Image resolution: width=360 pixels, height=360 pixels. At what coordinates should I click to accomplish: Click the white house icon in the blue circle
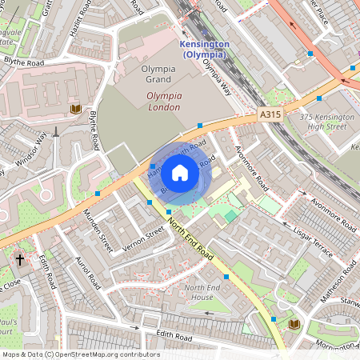pyautogui.click(x=180, y=172)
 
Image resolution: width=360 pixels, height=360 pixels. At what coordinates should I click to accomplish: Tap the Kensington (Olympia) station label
pyautogui.click(x=205, y=49)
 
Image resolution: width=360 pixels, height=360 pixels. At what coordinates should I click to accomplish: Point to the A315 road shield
pyautogui.click(x=270, y=116)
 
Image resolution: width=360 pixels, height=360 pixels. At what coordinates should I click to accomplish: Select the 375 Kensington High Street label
pyautogui.click(x=326, y=122)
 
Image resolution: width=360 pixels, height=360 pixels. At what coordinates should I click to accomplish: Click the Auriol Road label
pyautogui.click(x=84, y=271)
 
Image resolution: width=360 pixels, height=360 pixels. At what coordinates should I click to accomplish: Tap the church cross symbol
pyautogui.click(x=20, y=260)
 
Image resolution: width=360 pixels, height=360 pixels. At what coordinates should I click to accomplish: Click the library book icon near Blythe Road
pyautogui.click(x=76, y=109)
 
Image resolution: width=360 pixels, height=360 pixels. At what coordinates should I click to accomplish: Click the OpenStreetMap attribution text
pyautogui.click(x=80, y=354)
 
